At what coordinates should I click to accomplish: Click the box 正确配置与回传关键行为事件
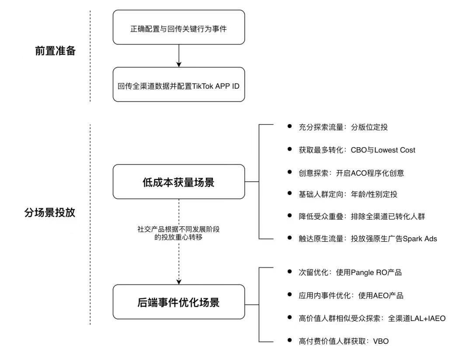pos(179,28)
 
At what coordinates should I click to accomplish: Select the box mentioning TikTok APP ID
pos(179,85)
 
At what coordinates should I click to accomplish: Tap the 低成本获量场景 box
pos(179,182)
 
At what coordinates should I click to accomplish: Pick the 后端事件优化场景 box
pos(179,302)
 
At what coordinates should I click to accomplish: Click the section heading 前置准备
pos(56,51)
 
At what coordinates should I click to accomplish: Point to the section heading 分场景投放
pos(50,212)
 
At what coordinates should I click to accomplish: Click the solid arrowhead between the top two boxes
pos(179,64)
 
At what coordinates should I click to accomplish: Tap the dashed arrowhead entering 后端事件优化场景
pos(179,282)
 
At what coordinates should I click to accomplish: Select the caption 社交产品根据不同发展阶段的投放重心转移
pos(178,233)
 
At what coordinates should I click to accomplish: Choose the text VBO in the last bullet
pos(381,341)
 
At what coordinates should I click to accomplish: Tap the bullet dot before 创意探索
pos(290,172)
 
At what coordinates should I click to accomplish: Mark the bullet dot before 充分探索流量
pos(290,126)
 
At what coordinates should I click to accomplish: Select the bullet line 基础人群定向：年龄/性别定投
pos(348,194)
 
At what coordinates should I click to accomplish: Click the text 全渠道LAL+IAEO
pos(416,318)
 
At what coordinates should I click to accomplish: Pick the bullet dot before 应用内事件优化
pos(290,294)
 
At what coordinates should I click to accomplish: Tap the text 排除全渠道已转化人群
pos(388,216)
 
